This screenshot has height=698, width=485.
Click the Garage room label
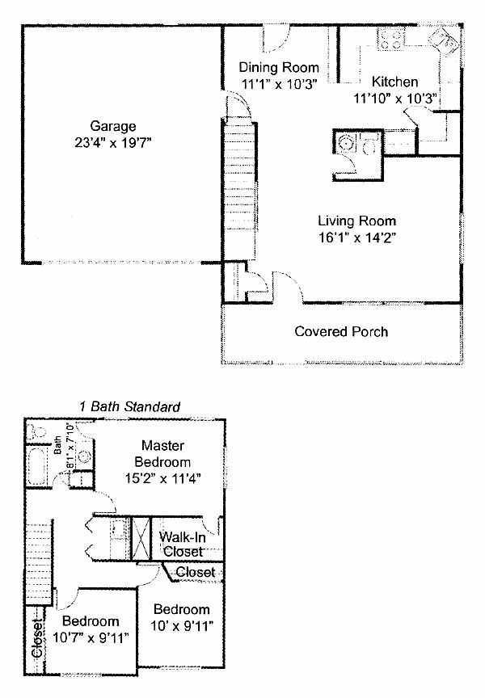[x=112, y=126]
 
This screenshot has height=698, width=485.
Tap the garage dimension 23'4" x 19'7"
[x=113, y=143]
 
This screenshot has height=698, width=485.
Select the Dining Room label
[x=279, y=68]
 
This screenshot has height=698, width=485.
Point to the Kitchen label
[x=394, y=82]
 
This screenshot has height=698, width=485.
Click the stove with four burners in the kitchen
[x=391, y=38]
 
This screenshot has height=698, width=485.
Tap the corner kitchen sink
[x=444, y=42]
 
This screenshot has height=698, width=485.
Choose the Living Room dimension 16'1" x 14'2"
[x=357, y=238]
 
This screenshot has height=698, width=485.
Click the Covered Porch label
[x=341, y=332]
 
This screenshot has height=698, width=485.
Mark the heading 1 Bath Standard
[x=129, y=407]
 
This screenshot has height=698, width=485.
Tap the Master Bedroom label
[x=162, y=453]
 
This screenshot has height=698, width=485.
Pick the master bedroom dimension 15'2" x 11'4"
[x=163, y=479]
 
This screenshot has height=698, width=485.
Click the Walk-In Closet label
[x=183, y=545]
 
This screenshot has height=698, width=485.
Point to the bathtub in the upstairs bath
[x=37, y=466]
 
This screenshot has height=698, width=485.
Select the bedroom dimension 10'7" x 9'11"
[x=91, y=638]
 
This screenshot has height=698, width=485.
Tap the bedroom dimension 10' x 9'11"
[x=182, y=626]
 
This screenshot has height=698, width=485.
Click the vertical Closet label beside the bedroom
[x=37, y=637]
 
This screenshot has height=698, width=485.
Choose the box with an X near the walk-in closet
[x=141, y=539]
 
